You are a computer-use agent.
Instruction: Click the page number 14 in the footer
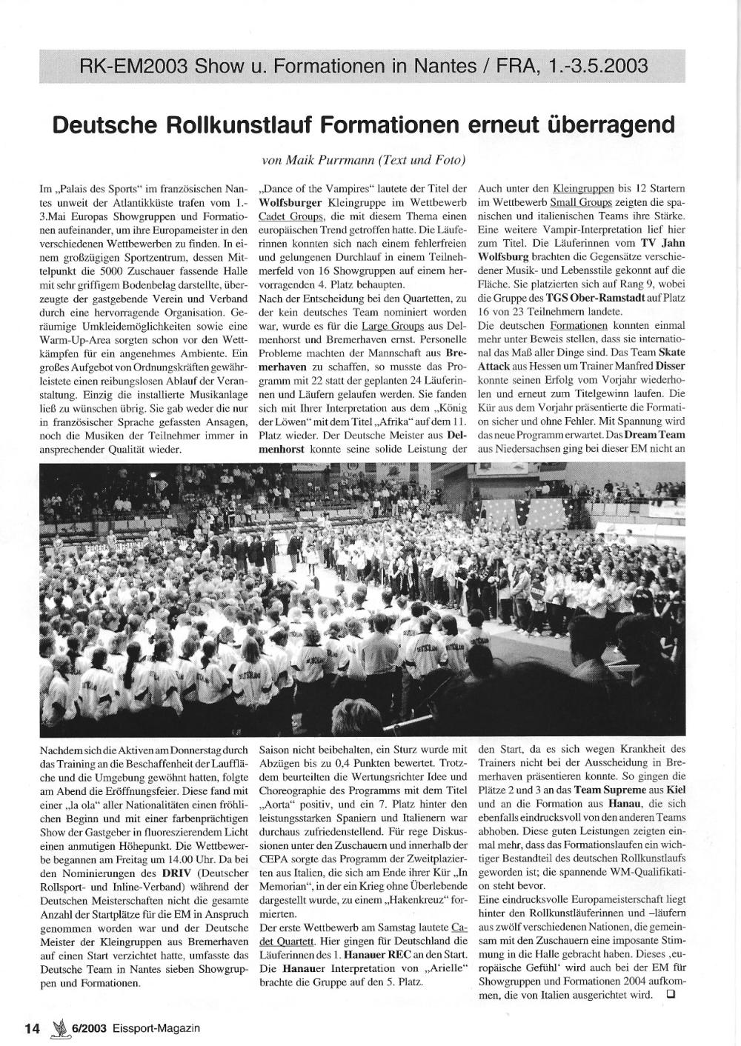pos(31,1027)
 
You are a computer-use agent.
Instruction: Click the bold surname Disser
pos(668,366)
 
